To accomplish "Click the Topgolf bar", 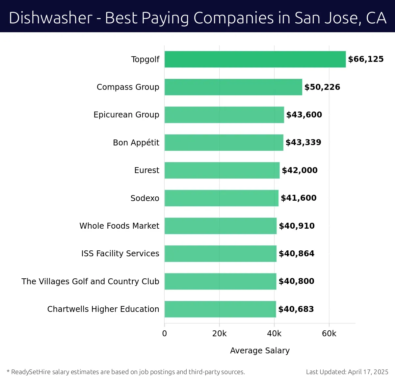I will point(255,59).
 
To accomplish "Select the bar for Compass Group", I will point(233,87).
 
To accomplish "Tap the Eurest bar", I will point(222,170).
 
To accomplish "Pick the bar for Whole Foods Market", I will point(221,226).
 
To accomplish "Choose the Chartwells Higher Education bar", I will point(220,309).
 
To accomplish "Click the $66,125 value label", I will point(366,59).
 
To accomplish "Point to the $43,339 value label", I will point(303,142).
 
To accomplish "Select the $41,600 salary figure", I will point(299,198).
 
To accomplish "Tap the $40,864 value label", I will point(297,254).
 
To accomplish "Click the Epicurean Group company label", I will point(126,115).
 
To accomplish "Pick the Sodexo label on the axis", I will point(145,198).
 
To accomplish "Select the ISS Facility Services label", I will point(120,254).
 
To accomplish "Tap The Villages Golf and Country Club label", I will point(90,282).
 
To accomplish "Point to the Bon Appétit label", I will point(136,142).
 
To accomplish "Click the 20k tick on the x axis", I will point(219,334).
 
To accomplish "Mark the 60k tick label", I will point(329,334).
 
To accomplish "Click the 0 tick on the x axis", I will point(165,334).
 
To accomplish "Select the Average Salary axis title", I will point(260,351).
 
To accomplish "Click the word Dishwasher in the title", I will point(51,18).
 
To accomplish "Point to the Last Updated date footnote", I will point(347,372).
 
